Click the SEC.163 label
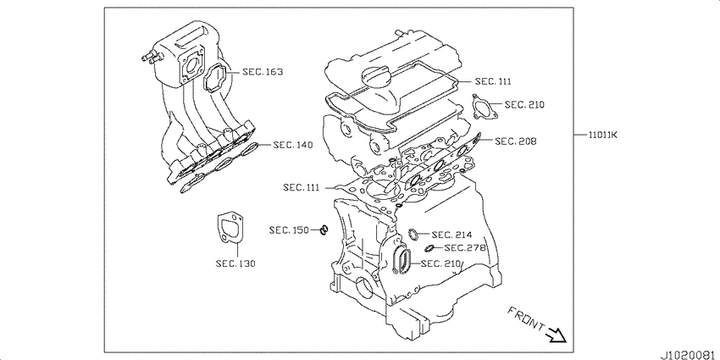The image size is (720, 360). (263, 72)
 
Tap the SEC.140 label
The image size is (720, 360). (293, 145)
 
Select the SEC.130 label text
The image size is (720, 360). (235, 263)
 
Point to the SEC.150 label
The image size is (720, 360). (290, 230)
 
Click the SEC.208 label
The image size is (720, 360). (516, 141)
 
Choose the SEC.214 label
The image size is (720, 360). (451, 235)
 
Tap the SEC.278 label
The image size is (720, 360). (465, 248)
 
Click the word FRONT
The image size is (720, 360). (526, 318)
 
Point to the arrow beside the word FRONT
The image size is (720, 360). (557, 335)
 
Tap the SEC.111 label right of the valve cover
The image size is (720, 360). (493, 81)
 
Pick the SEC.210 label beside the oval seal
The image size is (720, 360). (440, 263)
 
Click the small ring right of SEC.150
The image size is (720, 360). (324, 230)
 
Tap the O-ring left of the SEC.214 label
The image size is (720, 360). (413, 234)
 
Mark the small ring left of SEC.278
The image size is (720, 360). (429, 248)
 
